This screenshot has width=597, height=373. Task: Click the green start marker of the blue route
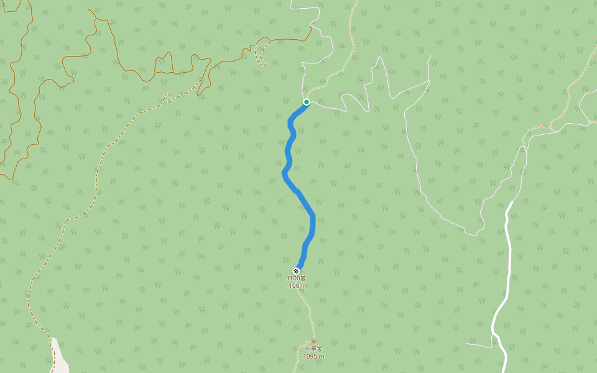pos(307,102)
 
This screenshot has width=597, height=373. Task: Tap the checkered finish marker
pos(296,270)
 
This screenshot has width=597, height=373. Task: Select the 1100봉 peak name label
pos(296,278)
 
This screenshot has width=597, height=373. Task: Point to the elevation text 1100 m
pos(296,286)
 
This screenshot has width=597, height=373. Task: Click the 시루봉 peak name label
pos(313,349)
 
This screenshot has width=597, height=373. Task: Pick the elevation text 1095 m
pos(313,357)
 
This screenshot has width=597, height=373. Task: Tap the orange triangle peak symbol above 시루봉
pos(313,341)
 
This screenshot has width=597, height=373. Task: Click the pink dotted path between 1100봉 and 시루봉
pos(306,308)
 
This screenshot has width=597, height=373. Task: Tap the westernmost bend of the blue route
pos(284,175)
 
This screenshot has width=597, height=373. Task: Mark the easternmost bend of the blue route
pos(313,218)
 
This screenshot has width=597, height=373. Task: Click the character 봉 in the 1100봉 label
pos(303,278)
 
